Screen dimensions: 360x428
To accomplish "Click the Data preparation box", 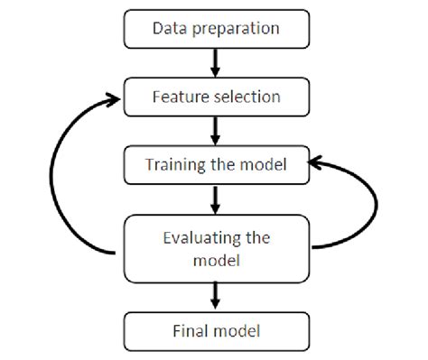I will (216, 28).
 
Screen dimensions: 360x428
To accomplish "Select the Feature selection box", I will (216, 97).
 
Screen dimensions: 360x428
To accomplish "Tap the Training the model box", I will (216, 165).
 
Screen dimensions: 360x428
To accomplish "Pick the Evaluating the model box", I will (216, 248).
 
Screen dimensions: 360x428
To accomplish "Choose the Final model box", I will (216, 331).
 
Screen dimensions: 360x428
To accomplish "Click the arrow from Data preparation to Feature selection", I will (216, 62).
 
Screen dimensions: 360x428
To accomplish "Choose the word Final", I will (189, 331).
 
